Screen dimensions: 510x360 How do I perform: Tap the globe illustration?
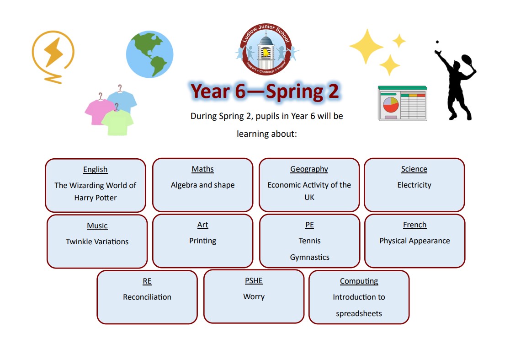tap(149, 54)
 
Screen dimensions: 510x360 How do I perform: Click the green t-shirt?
tap(117, 121)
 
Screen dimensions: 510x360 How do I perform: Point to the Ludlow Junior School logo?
tap(266, 49)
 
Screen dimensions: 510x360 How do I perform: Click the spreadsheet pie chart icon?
tap(402, 103)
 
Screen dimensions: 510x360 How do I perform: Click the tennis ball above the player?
tap(437, 42)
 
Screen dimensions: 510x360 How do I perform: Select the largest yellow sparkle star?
tap(367, 46)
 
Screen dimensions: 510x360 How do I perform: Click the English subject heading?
tap(96, 170)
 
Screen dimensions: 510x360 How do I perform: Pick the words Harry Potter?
tap(96, 198)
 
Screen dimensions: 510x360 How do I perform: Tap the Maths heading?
tap(202, 169)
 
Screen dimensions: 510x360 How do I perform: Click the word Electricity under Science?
tap(414, 185)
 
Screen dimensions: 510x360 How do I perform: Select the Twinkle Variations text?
tap(97, 242)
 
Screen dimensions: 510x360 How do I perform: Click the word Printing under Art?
tap(202, 241)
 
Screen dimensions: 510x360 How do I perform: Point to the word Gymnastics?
tap(310, 257)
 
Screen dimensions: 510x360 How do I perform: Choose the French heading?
tap(414, 225)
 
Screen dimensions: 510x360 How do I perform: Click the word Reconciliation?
tap(147, 297)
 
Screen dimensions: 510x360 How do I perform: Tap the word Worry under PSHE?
tap(254, 296)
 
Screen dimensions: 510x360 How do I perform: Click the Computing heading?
tap(359, 281)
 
